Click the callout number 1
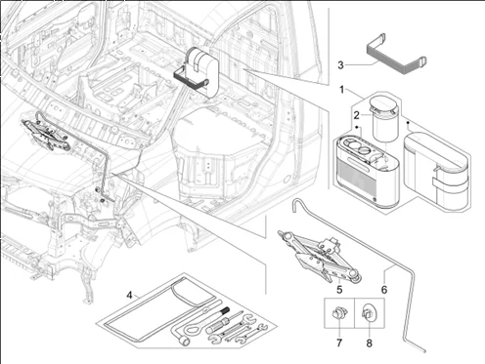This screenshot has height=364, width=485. [x=341, y=89]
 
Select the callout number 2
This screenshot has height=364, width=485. [x=357, y=115]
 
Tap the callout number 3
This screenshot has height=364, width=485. [x=340, y=65]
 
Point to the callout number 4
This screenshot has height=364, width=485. [x=130, y=296]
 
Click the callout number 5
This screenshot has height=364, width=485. [x=339, y=289]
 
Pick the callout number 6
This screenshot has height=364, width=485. [x=384, y=289]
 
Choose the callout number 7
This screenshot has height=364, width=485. [x=339, y=343]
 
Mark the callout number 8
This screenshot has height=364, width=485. [x=369, y=343]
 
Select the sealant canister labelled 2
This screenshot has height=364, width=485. [x=384, y=119]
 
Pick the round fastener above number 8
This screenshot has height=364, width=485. [x=369, y=313]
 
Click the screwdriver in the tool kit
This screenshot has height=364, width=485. [x=225, y=321]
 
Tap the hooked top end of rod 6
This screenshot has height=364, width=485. [x=294, y=205]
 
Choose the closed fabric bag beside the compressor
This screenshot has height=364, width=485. [x=437, y=169]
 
